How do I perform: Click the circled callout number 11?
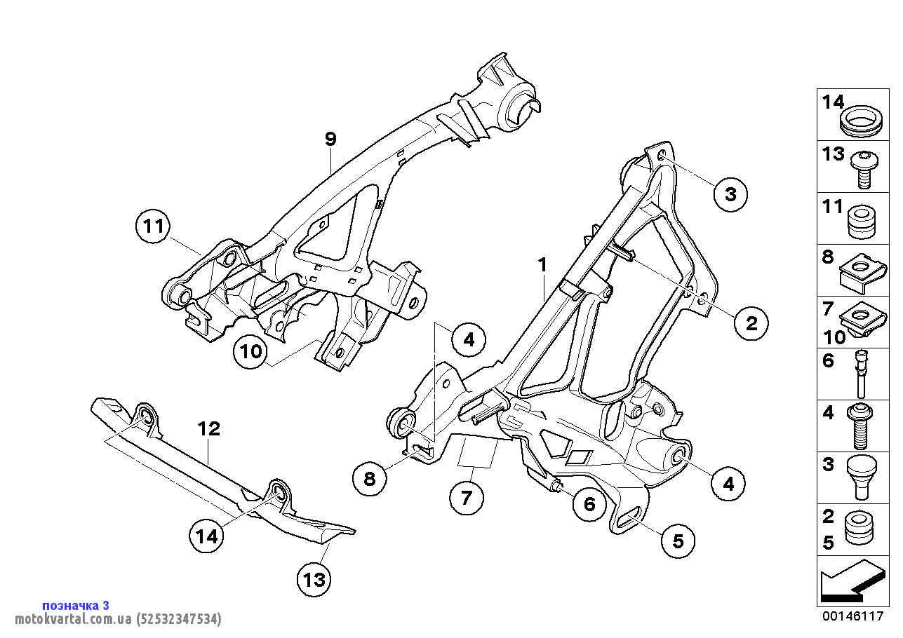pos(154,226)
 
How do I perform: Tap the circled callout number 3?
pos(730,194)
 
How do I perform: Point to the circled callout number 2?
pos(751,323)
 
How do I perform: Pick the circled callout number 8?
pos(370,479)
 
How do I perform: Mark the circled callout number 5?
pos(678,541)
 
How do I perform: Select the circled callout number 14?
pos(206,536)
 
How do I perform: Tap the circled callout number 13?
pos(314,579)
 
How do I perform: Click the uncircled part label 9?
pos(330,139)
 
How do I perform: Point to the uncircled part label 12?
pos(209,428)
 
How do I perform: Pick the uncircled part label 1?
pos(542,264)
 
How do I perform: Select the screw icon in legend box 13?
pos(863,169)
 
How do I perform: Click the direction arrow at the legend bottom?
pos(851,581)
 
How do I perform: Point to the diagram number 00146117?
pos(852,616)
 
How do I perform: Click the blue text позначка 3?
pos(76,605)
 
